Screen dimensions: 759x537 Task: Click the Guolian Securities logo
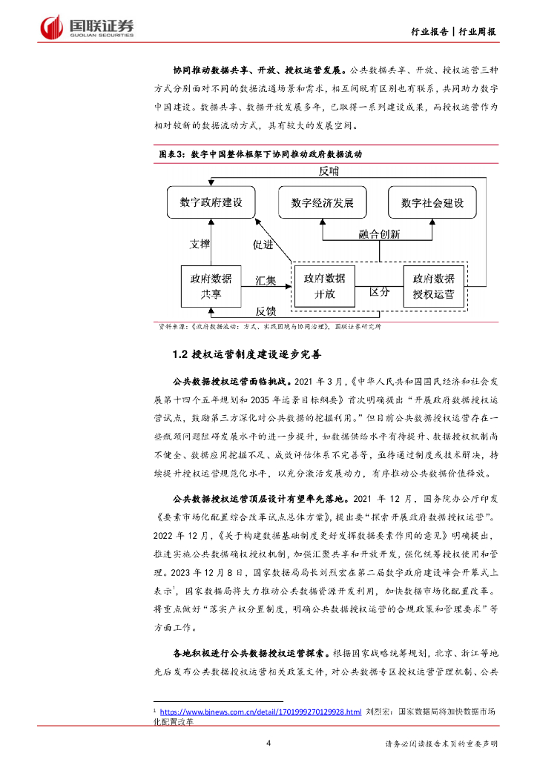[x=88, y=27]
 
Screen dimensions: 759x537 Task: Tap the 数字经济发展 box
[x=323, y=202]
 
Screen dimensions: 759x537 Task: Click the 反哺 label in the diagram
[x=329, y=171]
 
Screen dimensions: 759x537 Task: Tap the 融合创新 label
[x=379, y=234]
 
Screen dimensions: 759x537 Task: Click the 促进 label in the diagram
[x=263, y=243]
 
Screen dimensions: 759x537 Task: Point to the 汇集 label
[x=266, y=281]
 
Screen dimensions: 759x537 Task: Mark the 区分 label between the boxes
[x=379, y=292]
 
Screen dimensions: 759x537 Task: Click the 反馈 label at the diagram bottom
[x=266, y=311]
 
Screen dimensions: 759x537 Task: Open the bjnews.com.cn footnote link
[x=260, y=712]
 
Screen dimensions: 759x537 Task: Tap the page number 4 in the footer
[x=268, y=743]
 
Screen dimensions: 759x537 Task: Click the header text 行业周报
[x=477, y=31]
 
